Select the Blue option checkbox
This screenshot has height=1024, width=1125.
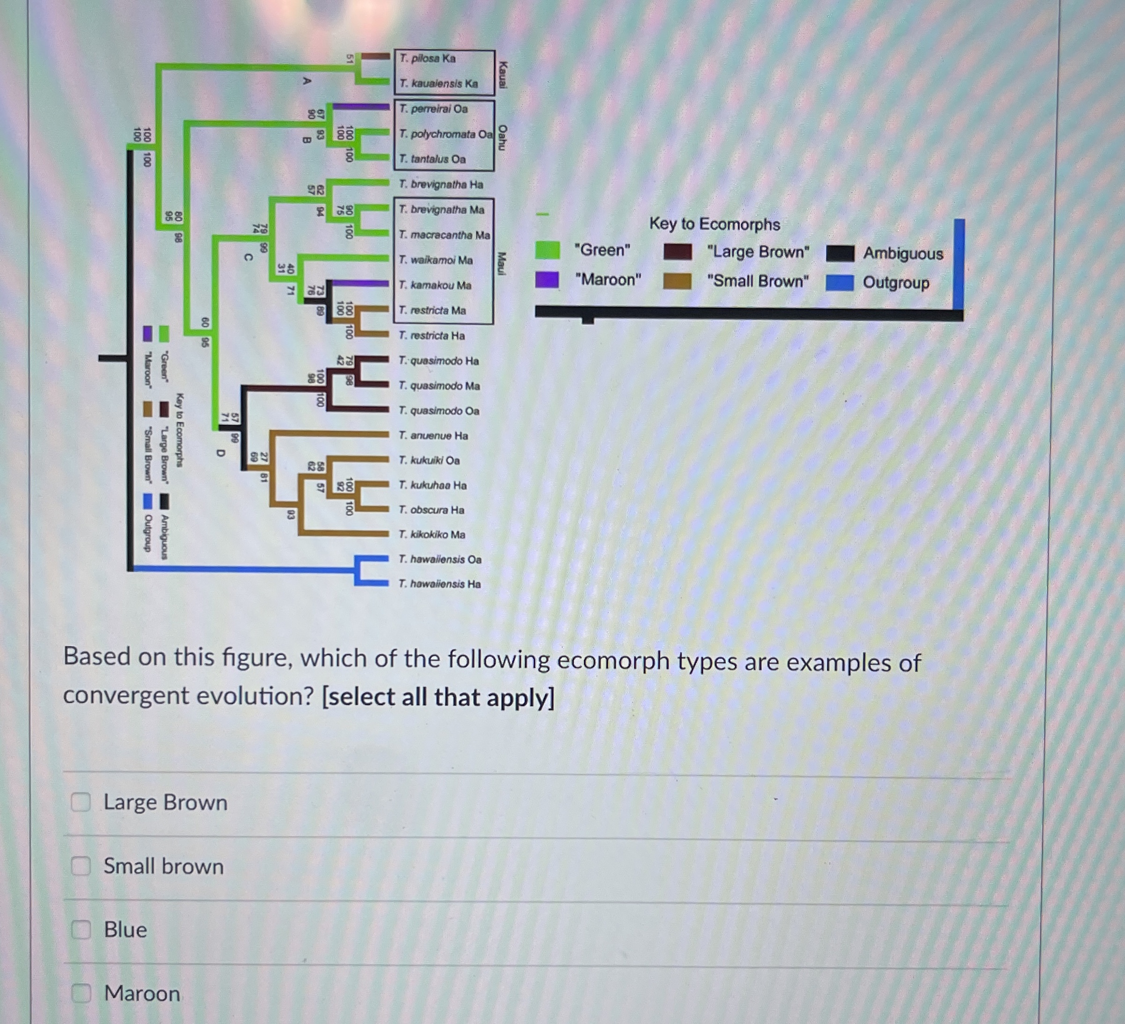(81, 929)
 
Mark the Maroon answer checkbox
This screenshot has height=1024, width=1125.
(81, 993)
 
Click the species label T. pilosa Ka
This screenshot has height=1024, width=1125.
(427, 59)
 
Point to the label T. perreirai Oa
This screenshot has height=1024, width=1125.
(433, 109)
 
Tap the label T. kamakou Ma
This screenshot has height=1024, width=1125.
(435, 285)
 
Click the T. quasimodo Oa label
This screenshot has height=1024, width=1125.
(438, 411)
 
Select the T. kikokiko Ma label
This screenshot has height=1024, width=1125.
(431, 534)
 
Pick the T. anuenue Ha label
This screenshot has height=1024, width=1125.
(433, 436)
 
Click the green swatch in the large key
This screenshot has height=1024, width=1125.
(548, 250)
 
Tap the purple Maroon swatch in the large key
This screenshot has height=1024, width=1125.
(547, 279)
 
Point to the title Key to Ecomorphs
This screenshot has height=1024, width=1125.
(714, 224)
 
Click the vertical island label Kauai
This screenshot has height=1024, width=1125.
(503, 75)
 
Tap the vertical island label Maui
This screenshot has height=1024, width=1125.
(502, 263)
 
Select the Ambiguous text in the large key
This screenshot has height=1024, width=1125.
(902, 254)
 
